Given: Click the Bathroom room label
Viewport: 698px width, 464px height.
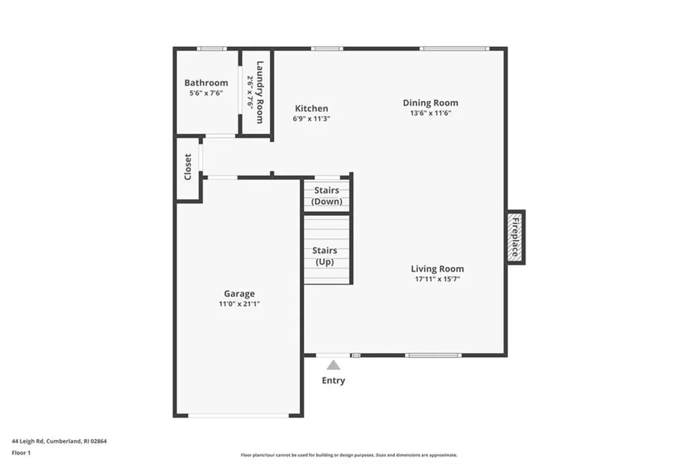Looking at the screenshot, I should point(206,83).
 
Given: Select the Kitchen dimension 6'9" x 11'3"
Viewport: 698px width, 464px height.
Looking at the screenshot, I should point(312,119).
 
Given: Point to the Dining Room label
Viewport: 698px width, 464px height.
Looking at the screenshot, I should point(430,103).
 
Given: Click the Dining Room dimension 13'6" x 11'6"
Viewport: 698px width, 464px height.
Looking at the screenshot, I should point(430,113).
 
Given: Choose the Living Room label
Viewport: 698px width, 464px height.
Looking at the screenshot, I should point(437,268).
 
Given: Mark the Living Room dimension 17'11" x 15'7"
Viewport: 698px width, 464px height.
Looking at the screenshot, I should point(437,279).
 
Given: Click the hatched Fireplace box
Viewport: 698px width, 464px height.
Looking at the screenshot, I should point(515,237).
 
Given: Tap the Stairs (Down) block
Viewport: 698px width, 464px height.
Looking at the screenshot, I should point(327,196).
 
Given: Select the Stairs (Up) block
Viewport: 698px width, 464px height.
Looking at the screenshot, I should point(327,256).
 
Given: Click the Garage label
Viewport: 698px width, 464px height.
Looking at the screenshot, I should point(239,294).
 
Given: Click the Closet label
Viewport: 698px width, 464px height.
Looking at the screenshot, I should point(188,167).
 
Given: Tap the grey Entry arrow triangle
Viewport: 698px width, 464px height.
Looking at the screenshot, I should point(333,365).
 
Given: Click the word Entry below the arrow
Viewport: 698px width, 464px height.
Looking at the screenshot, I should point(333,380).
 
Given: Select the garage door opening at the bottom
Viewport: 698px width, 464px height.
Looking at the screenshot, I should point(238,415).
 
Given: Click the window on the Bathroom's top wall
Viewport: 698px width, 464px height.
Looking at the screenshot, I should point(211,48).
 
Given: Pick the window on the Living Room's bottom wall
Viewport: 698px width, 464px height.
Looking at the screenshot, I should point(433,355).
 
